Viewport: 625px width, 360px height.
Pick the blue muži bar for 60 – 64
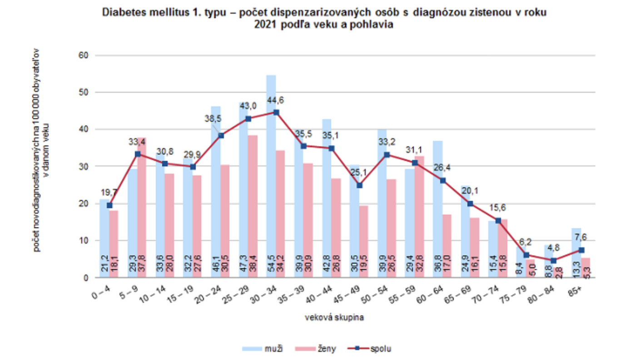[438, 209]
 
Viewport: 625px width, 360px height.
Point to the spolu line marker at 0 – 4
[109, 205]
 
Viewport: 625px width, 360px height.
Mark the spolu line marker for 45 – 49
[359, 185]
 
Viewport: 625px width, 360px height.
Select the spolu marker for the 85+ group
[581, 250]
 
